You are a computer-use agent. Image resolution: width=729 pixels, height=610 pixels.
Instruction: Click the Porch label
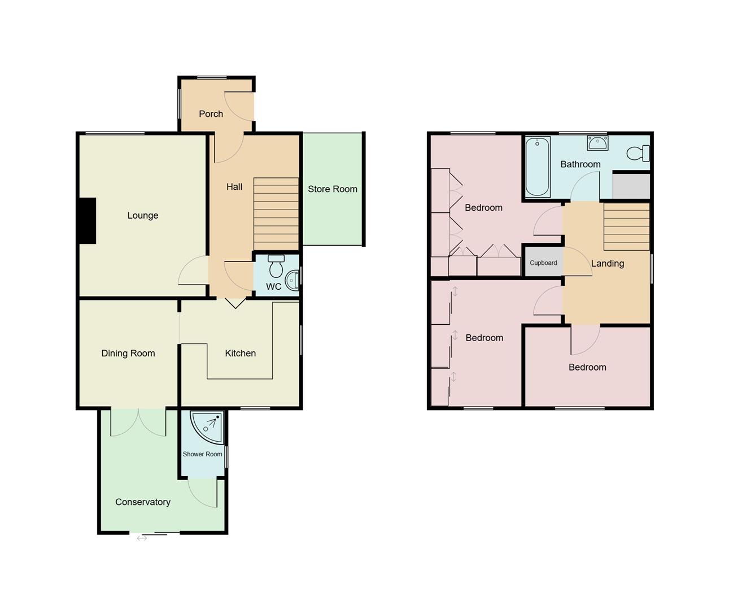[x=211, y=114]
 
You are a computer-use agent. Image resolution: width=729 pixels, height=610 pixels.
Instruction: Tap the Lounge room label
[x=142, y=216]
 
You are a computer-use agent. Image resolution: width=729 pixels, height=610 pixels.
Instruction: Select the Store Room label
[x=332, y=189]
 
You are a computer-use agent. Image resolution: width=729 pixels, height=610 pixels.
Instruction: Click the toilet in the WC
[x=276, y=265]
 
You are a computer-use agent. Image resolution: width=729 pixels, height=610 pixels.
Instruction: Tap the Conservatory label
[x=142, y=502]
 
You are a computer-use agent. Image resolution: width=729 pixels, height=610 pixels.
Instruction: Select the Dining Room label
[x=128, y=354]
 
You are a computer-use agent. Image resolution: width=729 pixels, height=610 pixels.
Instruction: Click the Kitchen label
[x=240, y=354]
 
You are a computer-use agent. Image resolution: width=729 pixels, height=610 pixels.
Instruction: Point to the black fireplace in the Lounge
[x=87, y=221]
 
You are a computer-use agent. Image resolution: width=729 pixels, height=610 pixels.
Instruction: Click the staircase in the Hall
[x=276, y=213]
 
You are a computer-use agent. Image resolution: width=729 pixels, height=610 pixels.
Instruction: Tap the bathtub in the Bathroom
[x=537, y=166]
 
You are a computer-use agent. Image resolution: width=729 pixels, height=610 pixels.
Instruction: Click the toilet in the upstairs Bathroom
[x=639, y=153]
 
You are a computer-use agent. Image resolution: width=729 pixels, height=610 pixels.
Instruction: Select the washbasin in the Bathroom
[x=597, y=143]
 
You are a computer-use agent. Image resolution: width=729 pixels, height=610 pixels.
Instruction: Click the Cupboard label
[x=543, y=263]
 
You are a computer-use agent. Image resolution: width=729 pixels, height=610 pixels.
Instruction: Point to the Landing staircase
[x=626, y=226]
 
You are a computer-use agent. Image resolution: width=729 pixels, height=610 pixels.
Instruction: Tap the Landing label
[x=608, y=264]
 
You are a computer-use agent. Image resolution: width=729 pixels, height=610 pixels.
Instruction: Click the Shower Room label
[x=202, y=454]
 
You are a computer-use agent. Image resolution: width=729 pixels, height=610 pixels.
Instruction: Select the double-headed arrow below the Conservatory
[x=142, y=538]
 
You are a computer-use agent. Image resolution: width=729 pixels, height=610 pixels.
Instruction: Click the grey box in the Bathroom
[x=631, y=186]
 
